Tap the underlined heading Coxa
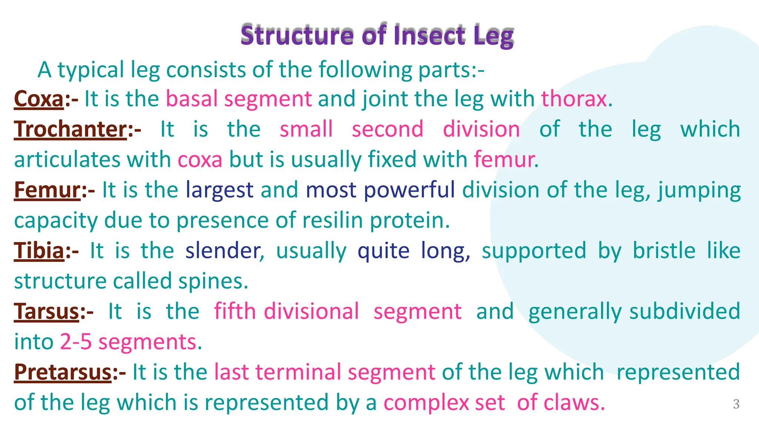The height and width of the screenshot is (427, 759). tap(39, 99)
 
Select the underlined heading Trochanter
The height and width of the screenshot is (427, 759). tap(70, 129)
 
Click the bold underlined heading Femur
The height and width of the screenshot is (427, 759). tap(47, 190)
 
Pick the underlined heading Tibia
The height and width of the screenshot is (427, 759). tap(39, 251)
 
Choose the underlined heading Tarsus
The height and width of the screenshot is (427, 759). tap(47, 311)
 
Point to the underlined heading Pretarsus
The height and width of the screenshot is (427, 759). tap(63, 372)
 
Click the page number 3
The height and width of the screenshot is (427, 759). tap(736, 404)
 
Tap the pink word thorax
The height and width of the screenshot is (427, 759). tap(574, 99)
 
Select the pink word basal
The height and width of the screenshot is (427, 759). tap(192, 99)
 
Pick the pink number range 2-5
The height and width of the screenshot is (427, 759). tap(76, 342)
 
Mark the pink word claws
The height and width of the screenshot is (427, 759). tap(571, 403)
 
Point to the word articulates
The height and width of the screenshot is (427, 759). tap(67, 160)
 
